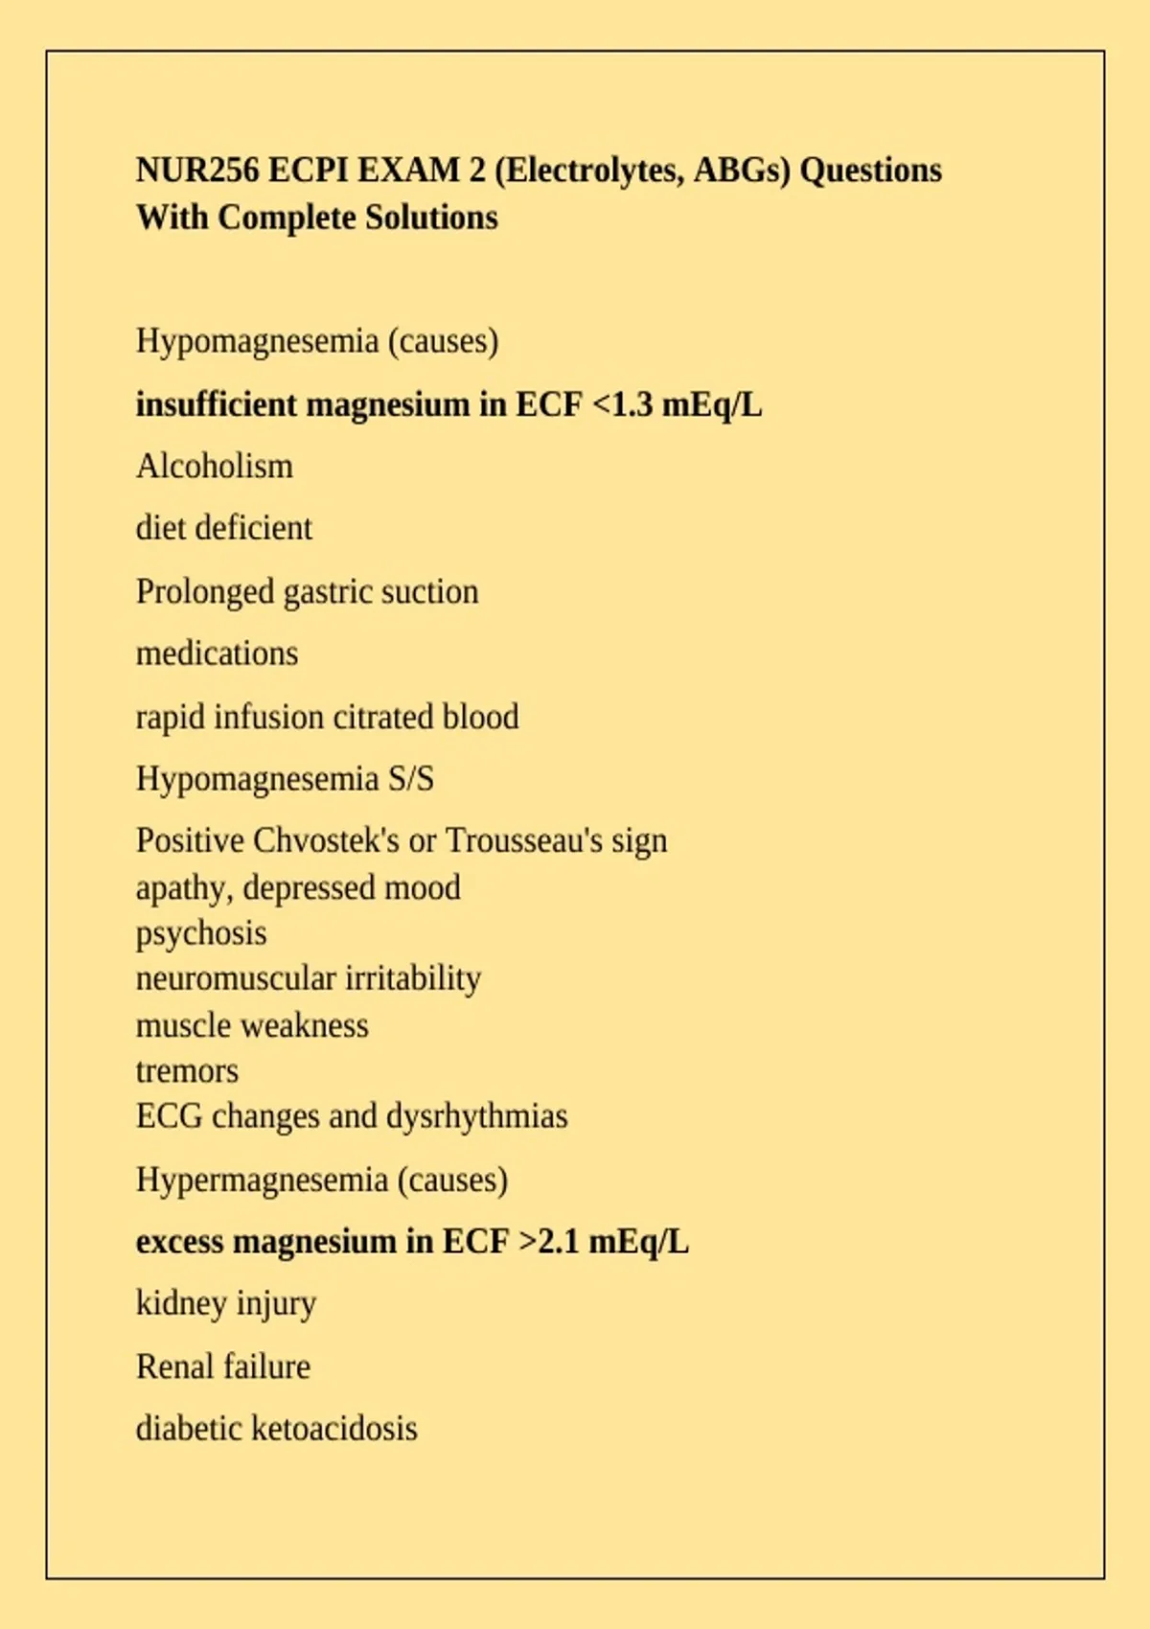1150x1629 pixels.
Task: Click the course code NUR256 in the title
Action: click(x=197, y=171)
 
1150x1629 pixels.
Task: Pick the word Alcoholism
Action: click(x=215, y=467)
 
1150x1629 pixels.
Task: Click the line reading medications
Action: click(x=218, y=654)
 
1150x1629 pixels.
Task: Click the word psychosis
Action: click(x=201, y=933)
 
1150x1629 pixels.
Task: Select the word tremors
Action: click(x=187, y=1070)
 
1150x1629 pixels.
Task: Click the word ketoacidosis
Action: click(x=334, y=1429)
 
